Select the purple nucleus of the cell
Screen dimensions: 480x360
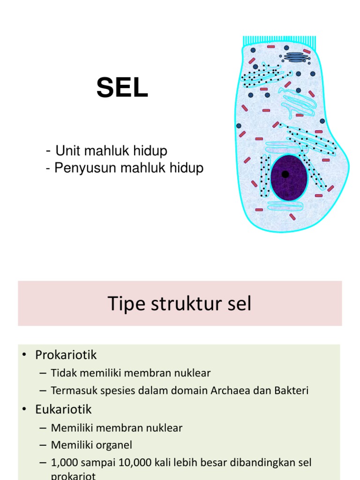click(289, 178)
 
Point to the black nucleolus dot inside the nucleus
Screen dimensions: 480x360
click(285, 174)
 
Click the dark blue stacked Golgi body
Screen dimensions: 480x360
click(296, 57)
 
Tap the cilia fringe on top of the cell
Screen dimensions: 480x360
click(279, 42)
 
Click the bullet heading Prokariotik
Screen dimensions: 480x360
click(66, 355)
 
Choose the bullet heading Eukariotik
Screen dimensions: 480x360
click(64, 409)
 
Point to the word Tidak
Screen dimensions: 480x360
click(62, 373)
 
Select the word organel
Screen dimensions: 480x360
click(119, 445)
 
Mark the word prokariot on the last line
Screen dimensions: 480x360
click(73, 476)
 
